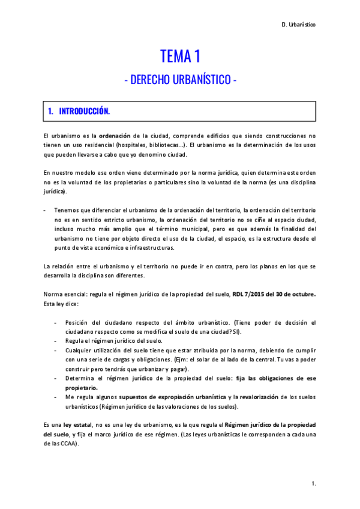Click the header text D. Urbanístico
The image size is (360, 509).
[298, 25]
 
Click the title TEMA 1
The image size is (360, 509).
[179, 57]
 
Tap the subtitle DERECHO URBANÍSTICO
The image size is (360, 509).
[180, 80]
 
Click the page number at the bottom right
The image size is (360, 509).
[314, 483]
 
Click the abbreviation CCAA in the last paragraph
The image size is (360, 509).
[68, 444]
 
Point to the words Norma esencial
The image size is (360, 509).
[65, 294]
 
